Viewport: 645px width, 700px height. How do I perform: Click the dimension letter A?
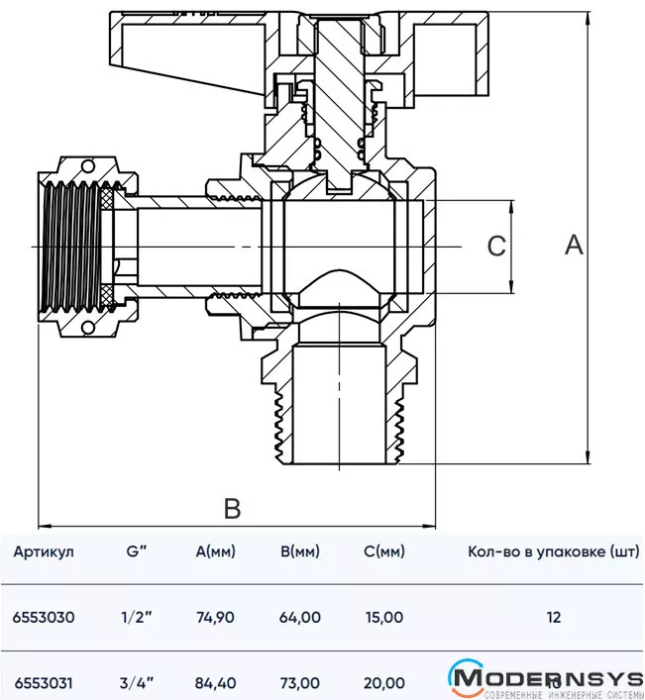575,245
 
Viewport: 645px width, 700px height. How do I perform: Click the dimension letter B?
232,509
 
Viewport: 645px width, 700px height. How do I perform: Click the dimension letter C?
497,247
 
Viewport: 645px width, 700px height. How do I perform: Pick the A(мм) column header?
216,552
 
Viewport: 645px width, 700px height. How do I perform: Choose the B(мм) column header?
300,552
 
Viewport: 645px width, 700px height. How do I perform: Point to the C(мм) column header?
383,552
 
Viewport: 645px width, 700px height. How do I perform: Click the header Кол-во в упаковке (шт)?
552,552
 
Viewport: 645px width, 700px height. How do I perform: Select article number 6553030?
44,617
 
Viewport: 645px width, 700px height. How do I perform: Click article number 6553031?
44,682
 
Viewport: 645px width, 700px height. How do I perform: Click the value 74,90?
216,617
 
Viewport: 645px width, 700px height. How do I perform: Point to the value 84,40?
216,682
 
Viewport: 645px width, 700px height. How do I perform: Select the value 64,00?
300,617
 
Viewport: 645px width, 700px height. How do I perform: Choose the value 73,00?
300,682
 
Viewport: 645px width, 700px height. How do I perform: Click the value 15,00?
383,617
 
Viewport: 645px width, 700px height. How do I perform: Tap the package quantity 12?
552,617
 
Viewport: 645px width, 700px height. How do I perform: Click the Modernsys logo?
545,679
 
